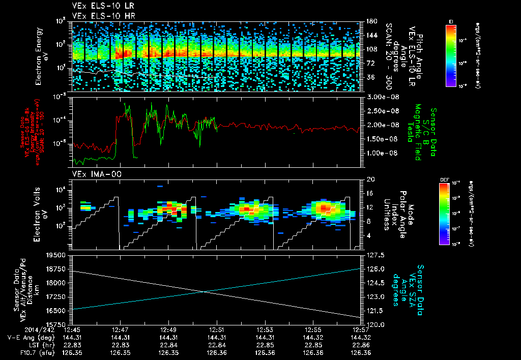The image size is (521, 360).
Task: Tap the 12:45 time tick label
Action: click(72, 329)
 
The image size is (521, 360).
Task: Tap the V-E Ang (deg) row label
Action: click(28, 337)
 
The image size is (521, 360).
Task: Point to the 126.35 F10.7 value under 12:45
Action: click(72, 353)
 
